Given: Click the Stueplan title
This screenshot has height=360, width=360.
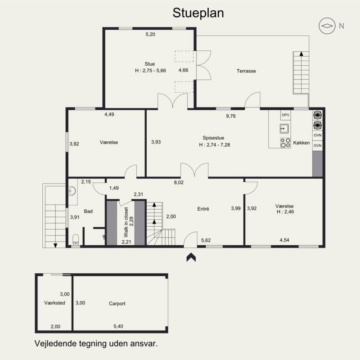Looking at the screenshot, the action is click(198, 13).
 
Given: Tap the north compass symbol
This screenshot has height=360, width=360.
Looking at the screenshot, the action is click(327, 26).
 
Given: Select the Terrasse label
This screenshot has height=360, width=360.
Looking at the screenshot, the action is click(246, 71).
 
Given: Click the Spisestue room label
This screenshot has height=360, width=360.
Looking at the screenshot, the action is click(213, 138).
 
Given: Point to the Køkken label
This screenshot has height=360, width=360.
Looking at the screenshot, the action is click(301, 143).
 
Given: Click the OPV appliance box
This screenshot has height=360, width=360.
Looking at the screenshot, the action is click(285, 115).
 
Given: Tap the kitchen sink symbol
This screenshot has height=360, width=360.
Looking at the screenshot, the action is click(284, 129).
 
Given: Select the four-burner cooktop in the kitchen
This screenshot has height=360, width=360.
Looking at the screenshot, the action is click(285, 143).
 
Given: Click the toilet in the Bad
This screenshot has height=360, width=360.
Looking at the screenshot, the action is click(76, 239).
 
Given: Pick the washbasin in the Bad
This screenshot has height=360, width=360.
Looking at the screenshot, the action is click(72, 190).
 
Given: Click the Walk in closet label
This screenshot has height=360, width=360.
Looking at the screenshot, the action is click(126, 222).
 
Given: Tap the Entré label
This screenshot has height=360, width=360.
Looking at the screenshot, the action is click(203, 209).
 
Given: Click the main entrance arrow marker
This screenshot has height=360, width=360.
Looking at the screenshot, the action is click(191, 257).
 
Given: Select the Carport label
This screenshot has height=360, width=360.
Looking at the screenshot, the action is click(117, 303).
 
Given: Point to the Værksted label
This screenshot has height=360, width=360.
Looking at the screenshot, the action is click(54, 303).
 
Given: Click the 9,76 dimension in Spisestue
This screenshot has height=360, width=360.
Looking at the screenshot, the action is click(231, 116).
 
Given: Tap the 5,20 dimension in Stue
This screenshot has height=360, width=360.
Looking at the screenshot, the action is click(150, 34).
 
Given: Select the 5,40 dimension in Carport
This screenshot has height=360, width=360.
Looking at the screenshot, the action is click(118, 326).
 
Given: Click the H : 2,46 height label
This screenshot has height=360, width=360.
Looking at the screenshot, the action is click(285, 211).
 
